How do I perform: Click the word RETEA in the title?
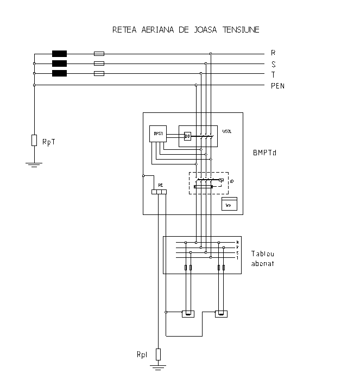tap(124, 30)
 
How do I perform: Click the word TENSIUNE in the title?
tap(240, 30)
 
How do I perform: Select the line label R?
tap(273, 54)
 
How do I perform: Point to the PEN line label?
tap(277, 86)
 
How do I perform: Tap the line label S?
tap(273, 64)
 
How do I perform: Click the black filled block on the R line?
tap(59, 54)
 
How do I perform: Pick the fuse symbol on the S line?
tap(99, 64)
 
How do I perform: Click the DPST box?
tap(158, 134)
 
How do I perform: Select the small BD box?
tap(187, 136)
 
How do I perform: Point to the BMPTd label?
tap(265, 154)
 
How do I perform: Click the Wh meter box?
tap(228, 205)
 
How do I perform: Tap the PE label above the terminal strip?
tap(160, 185)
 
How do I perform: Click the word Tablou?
tap(262, 254)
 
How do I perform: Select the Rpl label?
tap(142, 354)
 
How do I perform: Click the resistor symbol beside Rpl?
tap(158, 354)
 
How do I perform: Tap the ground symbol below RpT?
tap(34, 164)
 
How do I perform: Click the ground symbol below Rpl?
tap(158, 369)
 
